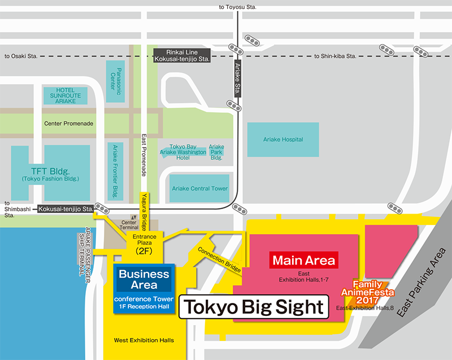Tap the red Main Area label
coord(304,261)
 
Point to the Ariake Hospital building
coord(283,140)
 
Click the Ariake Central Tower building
coord(199,188)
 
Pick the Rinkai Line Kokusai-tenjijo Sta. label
coord(181,55)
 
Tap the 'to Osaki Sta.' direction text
coord(21,56)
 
